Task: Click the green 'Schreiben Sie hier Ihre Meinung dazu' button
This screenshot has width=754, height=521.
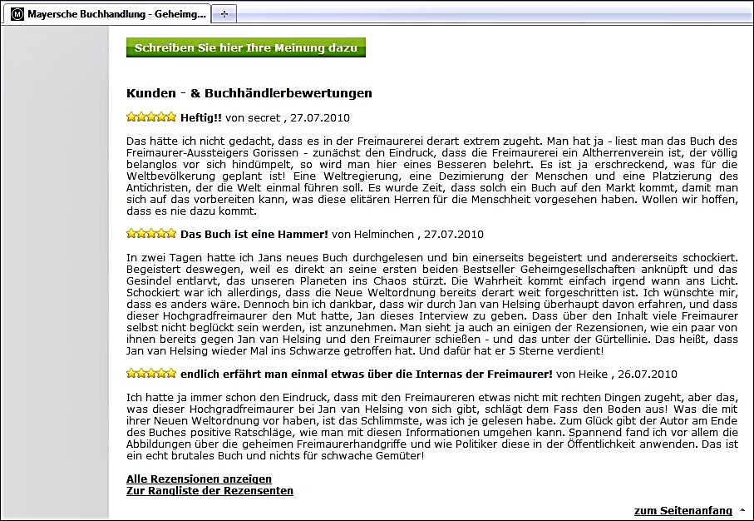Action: coord(245,48)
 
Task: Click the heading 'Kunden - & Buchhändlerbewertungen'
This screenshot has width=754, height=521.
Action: coord(249,93)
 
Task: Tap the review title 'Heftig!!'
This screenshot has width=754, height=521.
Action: coord(201,117)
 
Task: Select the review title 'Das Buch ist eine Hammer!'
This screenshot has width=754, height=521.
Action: coord(254,235)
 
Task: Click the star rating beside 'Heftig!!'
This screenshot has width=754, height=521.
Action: coord(151,117)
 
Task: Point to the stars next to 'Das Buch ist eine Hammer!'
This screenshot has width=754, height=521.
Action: coord(151,235)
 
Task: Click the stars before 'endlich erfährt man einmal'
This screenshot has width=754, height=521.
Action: coord(151,375)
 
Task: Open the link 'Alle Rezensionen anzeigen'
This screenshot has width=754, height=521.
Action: coord(199,479)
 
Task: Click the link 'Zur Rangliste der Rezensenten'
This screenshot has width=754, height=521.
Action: coord(209,491)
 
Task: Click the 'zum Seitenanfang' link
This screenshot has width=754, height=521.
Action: coord(683,510)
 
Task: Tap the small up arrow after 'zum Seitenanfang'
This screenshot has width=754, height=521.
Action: coord(742,510)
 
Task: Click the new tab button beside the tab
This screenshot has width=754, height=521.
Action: coord(224,14)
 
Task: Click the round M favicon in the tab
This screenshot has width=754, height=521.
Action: coord(17,14)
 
